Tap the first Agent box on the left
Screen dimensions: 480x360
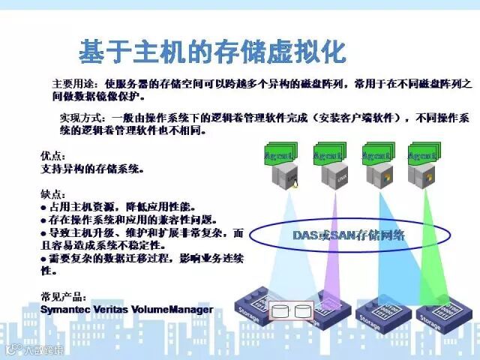(282, 155)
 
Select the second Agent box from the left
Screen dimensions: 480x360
(328, 155)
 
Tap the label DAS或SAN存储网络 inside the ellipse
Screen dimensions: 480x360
(348, 235)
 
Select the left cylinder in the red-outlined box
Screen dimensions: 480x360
(281, 310)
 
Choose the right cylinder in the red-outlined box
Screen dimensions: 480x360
(303, 310)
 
